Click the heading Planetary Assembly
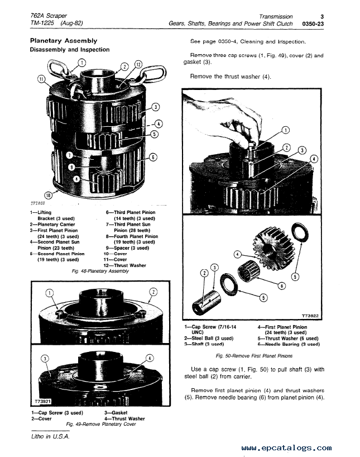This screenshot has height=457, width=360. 64,41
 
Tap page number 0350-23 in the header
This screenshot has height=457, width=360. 313,24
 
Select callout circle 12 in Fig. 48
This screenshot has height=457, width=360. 138,65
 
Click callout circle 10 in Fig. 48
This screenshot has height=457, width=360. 48,196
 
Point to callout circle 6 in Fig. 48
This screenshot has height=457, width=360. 153,158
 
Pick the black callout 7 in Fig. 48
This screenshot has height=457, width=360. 69,155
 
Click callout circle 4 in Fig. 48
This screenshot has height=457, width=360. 158,124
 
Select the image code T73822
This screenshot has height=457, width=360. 310,316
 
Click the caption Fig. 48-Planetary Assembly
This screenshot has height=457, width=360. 100,271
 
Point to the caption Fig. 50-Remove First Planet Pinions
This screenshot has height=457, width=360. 254,356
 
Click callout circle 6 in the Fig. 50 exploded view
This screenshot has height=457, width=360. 281,286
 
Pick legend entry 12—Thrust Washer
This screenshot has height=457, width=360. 124,265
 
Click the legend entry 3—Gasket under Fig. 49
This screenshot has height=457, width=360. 116,413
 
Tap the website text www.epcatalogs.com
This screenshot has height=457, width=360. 286,448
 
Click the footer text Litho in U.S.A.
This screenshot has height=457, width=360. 50,436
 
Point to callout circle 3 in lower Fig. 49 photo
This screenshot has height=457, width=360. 45,359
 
